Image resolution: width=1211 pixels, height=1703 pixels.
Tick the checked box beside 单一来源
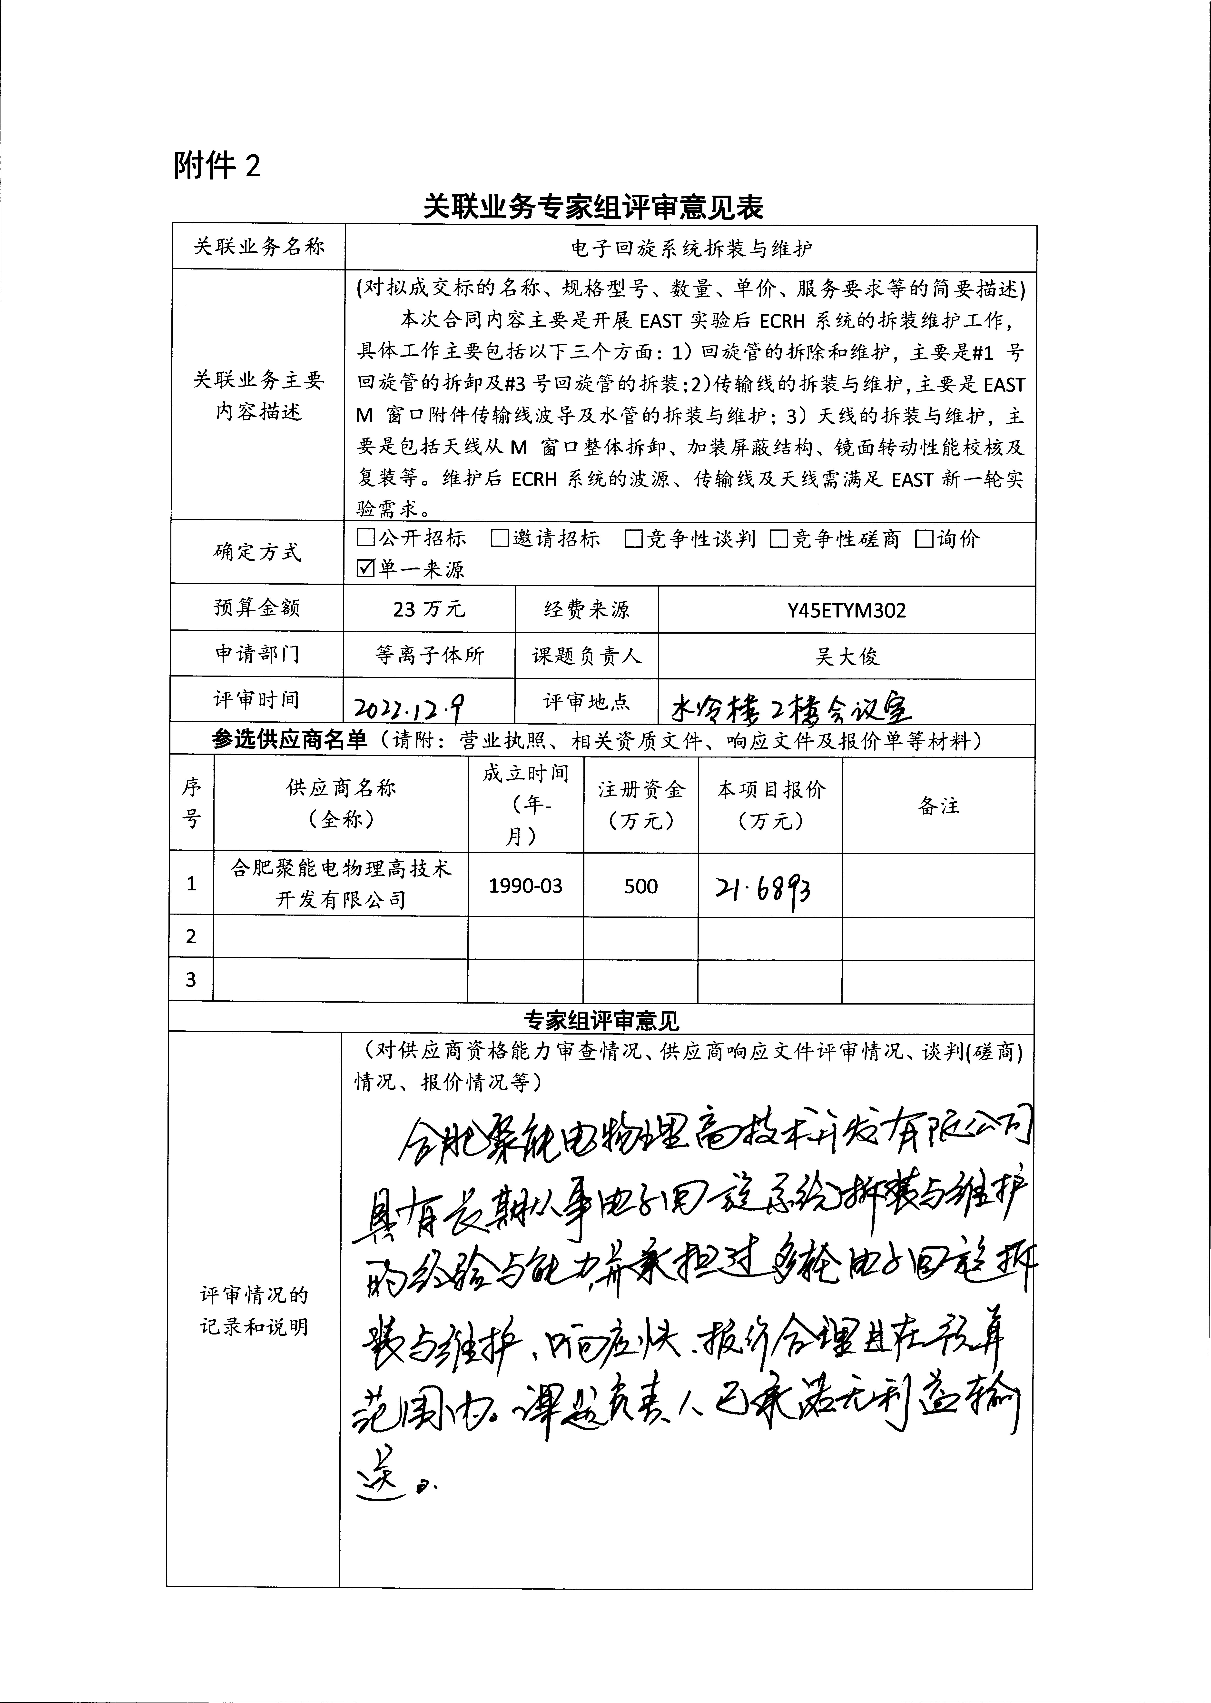click(365, 569)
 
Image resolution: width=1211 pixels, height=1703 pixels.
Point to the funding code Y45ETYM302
click(846, 610)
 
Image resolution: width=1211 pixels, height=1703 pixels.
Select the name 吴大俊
click(846, 657)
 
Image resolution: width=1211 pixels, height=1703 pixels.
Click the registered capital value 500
click(640, 886)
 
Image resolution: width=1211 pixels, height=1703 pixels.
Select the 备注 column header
click(938, 806)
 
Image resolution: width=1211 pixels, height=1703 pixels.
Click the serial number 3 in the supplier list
click(191, 979)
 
